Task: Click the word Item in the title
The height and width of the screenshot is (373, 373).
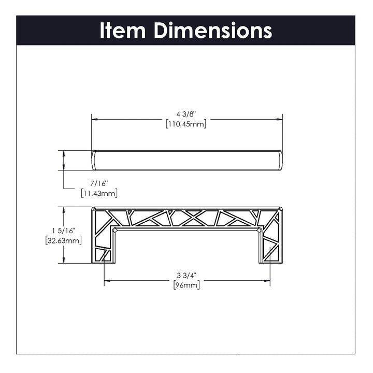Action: pyautogui.click(x=122, y=31)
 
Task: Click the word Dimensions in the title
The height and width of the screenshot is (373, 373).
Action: pyautogui.click(x=213, y=31)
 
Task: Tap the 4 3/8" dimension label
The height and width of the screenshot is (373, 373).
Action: pyautogui.click(x=186, y=114)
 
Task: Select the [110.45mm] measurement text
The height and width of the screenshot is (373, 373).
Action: pyautogui.click(x=186, y=124)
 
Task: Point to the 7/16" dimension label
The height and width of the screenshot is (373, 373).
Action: pyautogui.click(x=99, y=183)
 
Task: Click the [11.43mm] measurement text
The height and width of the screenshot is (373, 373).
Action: pyautogui.click(x=99, y=193)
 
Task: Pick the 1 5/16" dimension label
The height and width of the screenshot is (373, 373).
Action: pyautogui.click(x=64, y=231)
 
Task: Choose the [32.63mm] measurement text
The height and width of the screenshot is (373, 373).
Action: pyautogui.click(x=64, y=240)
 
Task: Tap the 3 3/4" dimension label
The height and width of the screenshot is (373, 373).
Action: pyautogui.click(x=187, y=276)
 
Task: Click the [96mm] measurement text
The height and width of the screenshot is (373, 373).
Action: pyautogui.click(x=187, y=285)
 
